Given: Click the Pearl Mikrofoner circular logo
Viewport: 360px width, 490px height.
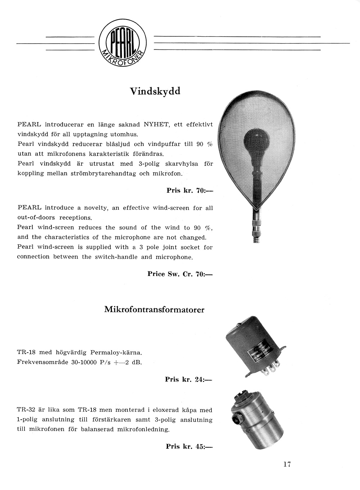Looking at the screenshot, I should tap(122, 44).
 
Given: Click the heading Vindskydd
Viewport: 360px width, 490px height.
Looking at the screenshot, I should tap(155, 91).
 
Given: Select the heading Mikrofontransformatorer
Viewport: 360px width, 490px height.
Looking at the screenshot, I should tap(154, 309).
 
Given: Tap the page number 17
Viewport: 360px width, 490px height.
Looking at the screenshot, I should tap(287, 464).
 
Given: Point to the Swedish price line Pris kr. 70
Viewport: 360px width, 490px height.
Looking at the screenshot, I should tap(190, 191).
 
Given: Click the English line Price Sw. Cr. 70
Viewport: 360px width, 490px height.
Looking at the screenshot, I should tap(180, 274).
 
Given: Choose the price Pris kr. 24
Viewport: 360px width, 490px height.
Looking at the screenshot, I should tap(188, 379).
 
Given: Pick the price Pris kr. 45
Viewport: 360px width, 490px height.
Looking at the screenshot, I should tap(189, 446).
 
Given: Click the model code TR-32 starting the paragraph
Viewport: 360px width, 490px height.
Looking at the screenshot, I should tap(26, 410).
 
